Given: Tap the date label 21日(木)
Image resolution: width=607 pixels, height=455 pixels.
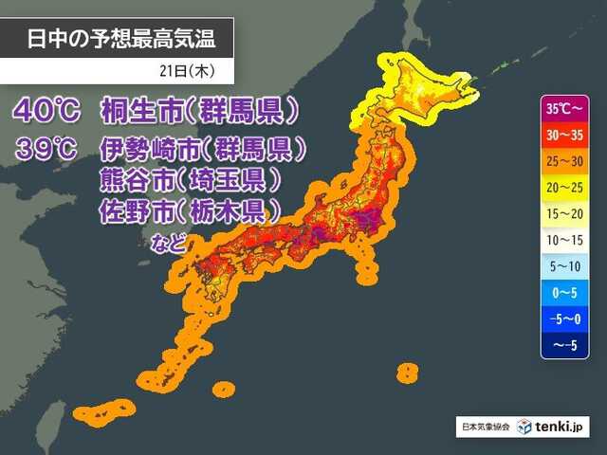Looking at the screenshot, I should (x=191, y=71).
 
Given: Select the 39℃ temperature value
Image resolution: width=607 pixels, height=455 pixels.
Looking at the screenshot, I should (x=46, y=149).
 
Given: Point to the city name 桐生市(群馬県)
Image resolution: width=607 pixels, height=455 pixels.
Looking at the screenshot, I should (x=198, y=111).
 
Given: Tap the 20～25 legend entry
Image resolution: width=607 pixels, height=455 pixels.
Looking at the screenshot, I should (x=566, y=188).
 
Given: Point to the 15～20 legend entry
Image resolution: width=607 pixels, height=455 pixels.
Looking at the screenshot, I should (x=566, y=214).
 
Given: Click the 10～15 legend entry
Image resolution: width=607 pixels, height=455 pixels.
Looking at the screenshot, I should (x=566, y=241).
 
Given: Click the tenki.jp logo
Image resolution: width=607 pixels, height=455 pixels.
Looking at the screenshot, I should (x=555, y=427).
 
